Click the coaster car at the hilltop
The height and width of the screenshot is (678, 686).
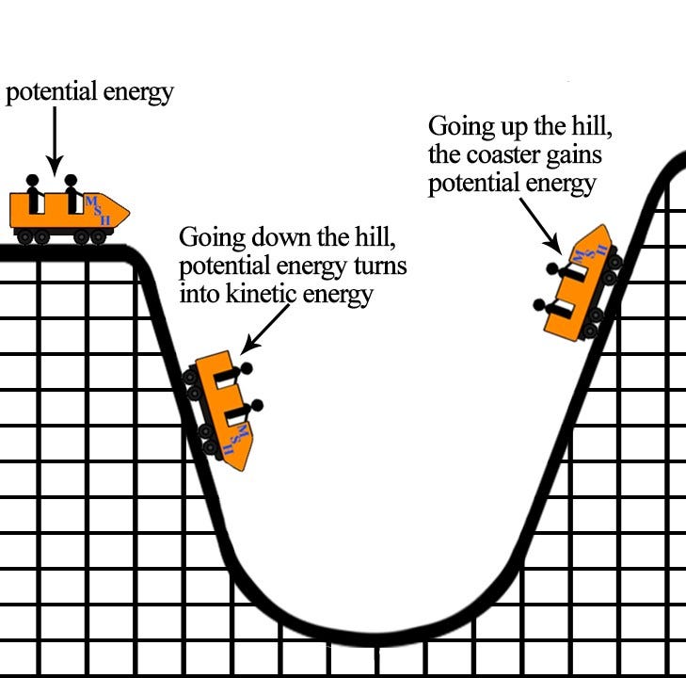66,212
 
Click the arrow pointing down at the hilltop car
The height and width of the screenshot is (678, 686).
54,137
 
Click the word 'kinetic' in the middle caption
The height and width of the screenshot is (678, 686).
263,294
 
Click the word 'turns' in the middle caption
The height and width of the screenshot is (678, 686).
381,266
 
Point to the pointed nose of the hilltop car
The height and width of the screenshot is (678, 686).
123,209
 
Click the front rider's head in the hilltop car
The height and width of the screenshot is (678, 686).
71,179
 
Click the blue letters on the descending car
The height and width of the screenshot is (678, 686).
235,438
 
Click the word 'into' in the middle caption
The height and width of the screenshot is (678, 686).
199,294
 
